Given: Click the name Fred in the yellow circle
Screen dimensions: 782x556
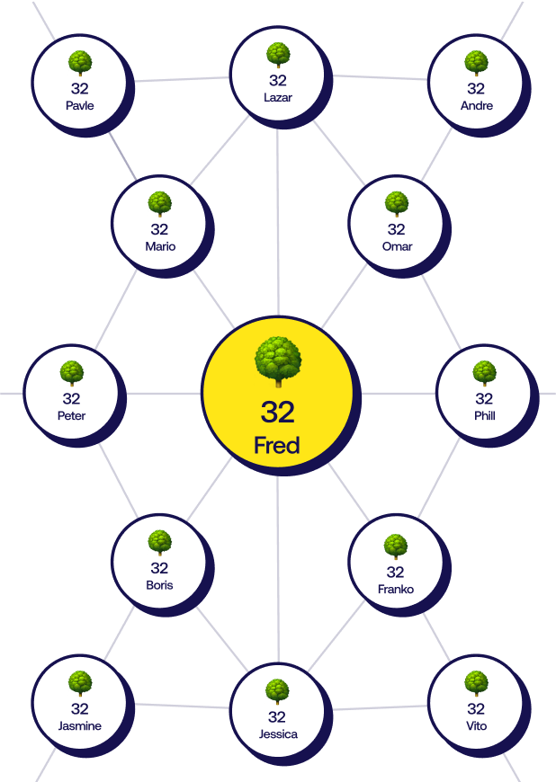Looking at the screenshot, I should point(276,445).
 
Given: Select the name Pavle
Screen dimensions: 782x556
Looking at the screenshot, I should point(79,105).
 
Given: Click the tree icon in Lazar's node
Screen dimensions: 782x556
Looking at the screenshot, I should point(278,55).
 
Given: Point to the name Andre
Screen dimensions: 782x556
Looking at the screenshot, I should point(476,105).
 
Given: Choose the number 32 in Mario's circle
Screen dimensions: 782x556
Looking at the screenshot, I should point(159,229).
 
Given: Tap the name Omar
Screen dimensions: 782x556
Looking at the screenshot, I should point(397,246).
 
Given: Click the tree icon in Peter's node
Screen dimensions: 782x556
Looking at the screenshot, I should point(71,372).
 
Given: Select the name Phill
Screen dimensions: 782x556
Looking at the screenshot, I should point(484,415).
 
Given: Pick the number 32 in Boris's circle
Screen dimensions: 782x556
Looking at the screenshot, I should point(159,568).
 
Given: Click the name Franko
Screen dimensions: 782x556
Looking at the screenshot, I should point(396,590).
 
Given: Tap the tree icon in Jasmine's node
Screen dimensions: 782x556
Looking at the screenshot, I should point(80,682).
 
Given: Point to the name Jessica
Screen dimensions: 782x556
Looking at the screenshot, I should point(278,733).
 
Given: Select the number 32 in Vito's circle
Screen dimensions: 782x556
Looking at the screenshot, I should point(476,708).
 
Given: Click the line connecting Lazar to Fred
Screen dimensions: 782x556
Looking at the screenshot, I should point(277,225).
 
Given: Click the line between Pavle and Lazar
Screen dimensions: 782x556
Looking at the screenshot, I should point(180,79).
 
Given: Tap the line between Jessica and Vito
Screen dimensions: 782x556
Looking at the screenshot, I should point(378,708).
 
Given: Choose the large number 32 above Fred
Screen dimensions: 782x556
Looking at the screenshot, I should point(278,412).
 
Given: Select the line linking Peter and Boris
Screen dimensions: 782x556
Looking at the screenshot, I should point(115,481).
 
